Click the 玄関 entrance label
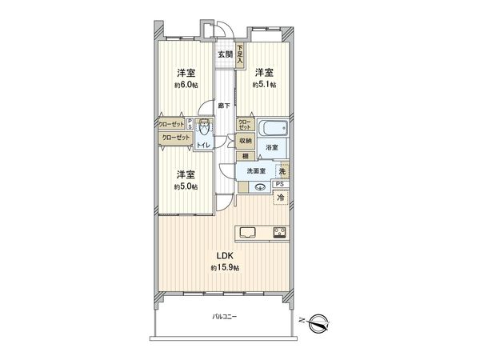tap(224, 54)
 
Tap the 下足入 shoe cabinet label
tap(239, 53)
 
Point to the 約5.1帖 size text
tap(264, 85)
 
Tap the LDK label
tap(222, 255)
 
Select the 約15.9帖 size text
tap(222, 267)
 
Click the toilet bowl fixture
tap(205, 128)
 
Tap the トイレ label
tap(204, 146)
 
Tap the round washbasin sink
tap(259, 187)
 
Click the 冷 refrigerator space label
tap(281, 197)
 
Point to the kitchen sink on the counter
tap(247, 234)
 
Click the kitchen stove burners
tap(281, 234)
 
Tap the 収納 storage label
tap(246, 140)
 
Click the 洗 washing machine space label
tap(282, 171)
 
